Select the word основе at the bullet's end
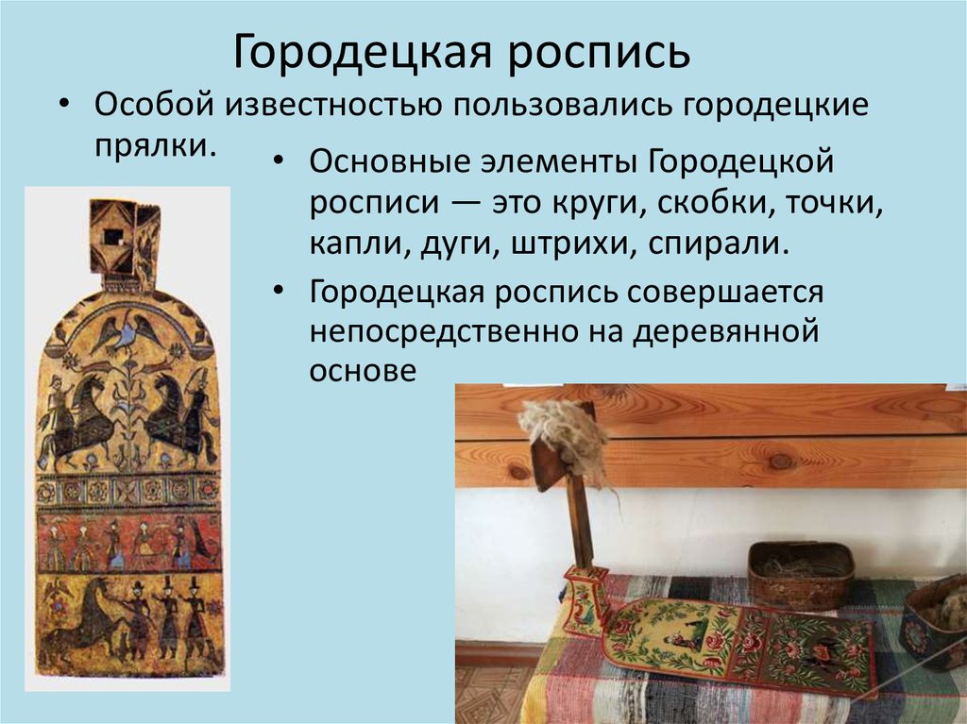pyautogui.click(x=362, y=371)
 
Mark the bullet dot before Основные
pyautogui.click(x=280, y=162)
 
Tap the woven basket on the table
pyautogui.click(x=800, y=574)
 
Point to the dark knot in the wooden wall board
pyautogui.click(x=780, y=461)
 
